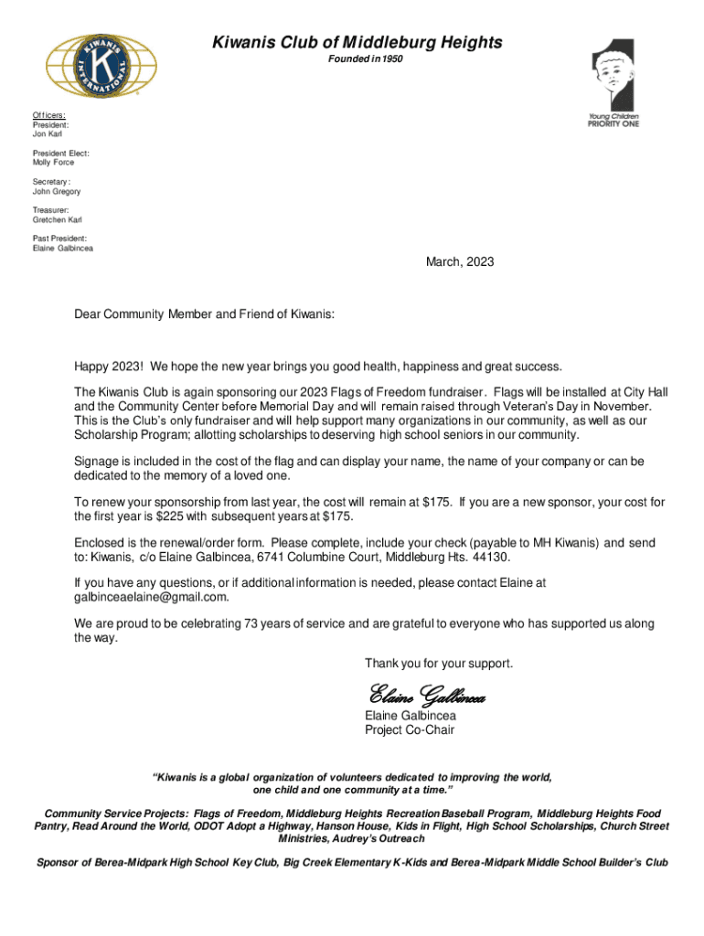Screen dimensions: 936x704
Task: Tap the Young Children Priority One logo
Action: click(613, 82)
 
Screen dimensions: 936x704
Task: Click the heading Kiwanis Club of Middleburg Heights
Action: click(357, 42)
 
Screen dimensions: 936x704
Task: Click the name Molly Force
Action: click(54, 163)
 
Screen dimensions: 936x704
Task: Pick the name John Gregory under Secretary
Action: click(57, 192)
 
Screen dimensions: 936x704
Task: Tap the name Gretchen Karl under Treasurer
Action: click(57, 220)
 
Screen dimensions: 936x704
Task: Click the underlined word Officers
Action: click(49, 114)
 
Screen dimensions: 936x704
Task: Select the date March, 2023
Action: click(460, 262)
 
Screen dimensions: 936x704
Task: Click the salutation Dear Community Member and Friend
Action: click(205, 314)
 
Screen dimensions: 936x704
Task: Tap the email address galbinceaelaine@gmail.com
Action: click(151, 597)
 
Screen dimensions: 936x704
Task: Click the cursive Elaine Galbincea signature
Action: click(425, 696)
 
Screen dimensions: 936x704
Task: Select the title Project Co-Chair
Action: click(410, 729)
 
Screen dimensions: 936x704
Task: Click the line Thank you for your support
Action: click(439, 662)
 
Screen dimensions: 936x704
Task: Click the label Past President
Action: click(60, 239)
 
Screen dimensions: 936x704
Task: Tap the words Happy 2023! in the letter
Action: click(109, 367)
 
